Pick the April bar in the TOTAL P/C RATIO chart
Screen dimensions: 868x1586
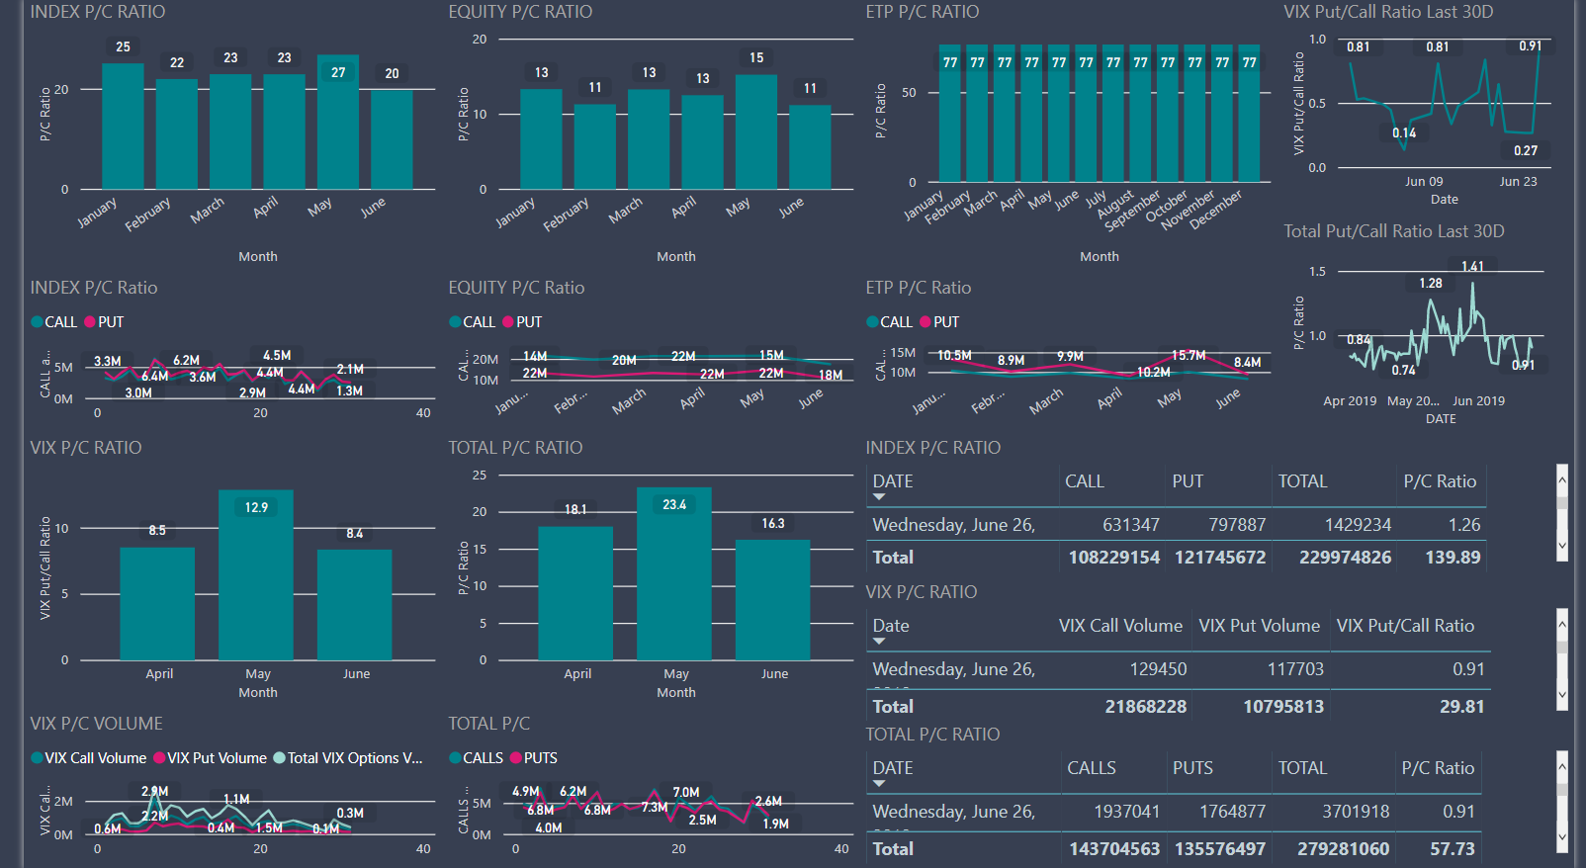pos(575,593)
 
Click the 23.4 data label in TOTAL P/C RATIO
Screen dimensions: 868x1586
pos(674,505)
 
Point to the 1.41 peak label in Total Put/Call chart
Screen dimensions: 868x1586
pos(1472,267)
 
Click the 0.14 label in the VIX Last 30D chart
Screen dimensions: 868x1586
pos(1404,133)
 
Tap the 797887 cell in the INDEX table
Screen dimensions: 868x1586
pos(1236,525)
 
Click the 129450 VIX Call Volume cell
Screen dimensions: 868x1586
pos(1158,669)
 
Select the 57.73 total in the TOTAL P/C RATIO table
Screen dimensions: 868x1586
pos(1452,849)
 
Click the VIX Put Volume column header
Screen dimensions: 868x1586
pos(1259,626)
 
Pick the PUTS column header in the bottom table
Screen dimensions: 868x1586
pos(1192,768)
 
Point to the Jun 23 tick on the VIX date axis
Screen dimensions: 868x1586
pos(1518,182)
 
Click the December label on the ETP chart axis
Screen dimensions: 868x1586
pos(1216,210)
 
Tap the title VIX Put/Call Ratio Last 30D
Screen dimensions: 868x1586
pos(1388,12)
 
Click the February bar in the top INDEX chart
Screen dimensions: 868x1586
pos(177,133)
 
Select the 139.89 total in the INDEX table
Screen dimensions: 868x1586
pos(1453,558)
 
